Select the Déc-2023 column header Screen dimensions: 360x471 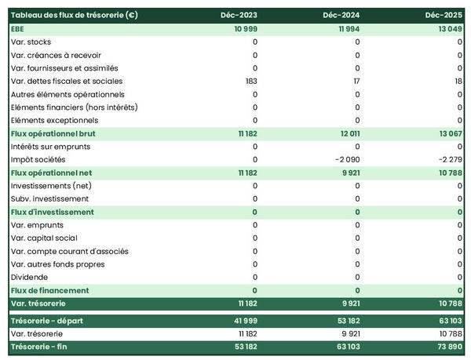tap(239, 15)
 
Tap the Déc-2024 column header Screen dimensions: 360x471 tap(342, 15)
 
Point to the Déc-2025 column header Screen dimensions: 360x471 tap(445, 15)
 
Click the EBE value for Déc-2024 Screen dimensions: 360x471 tap(346, 28)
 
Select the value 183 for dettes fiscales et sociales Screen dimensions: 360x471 tap(250, 81)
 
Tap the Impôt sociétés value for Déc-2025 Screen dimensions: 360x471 tap(447, 159)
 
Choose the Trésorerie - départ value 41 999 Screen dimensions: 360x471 tap(244, 320)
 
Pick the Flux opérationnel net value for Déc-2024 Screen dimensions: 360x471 tap(348, 173)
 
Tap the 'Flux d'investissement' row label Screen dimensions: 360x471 tap(53, 212)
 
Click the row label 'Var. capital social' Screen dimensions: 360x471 tap(44, 238)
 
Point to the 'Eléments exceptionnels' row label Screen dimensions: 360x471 tap(54, 120)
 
